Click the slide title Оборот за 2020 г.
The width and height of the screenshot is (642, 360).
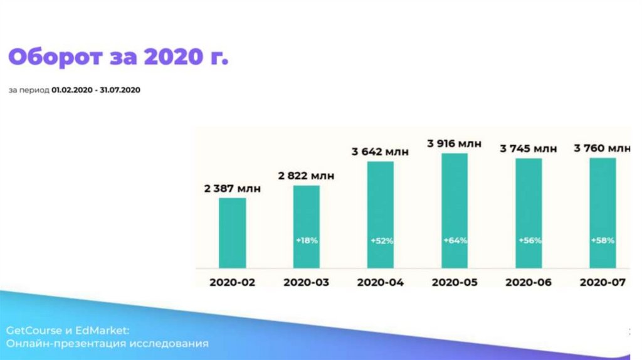pos(118,58)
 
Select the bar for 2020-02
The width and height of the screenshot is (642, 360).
pos(232,232)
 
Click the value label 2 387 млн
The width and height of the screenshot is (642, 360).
pos(232,188)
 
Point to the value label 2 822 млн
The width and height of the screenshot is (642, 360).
pos(307,176)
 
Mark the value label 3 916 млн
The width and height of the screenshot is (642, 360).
pos(455,144)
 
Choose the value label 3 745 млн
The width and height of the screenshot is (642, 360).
pos(529,149)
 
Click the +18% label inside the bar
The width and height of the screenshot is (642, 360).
pos(307,241)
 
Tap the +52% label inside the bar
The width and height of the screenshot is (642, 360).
pos(381,241)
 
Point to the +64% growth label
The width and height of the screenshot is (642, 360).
pos(455,241)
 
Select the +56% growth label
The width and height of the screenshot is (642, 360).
pos(529,241)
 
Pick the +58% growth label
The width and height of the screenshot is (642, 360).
pos(603,241)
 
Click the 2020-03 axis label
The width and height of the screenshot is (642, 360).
pos(307,282)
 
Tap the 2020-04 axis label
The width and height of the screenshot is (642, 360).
pos(381,282)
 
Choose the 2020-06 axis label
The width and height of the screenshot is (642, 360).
pos(529,282)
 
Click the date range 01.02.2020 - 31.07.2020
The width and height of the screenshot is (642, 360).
pos(96,90)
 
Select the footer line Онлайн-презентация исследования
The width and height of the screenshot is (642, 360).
pos(108,344)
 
